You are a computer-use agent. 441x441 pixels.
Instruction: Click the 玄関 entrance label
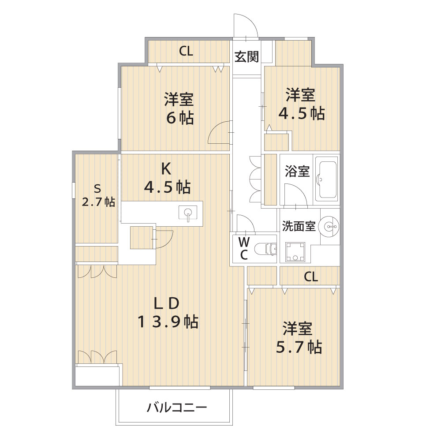coord(247,56)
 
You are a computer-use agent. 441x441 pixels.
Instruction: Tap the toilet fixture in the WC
coord(265,249)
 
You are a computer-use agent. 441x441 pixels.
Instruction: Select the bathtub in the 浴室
coord(326,179)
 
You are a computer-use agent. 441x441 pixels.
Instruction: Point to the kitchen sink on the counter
coord(188,213)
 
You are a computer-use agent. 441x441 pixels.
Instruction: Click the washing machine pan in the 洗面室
coord(295,252)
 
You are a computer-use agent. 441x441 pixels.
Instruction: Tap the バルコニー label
coord(177,407)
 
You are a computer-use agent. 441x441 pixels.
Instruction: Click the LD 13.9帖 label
coord(168,313)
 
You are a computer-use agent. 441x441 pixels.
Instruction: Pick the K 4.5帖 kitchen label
coord(167,178)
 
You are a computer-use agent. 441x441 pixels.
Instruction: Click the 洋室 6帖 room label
coord(179,108)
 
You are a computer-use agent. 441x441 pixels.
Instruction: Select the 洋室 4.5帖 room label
coord(302,104)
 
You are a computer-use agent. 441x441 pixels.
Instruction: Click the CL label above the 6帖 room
coord(186,51)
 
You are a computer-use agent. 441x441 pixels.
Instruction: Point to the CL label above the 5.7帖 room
coord(311,277)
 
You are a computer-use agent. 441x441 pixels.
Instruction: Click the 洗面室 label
coord(299,226)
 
